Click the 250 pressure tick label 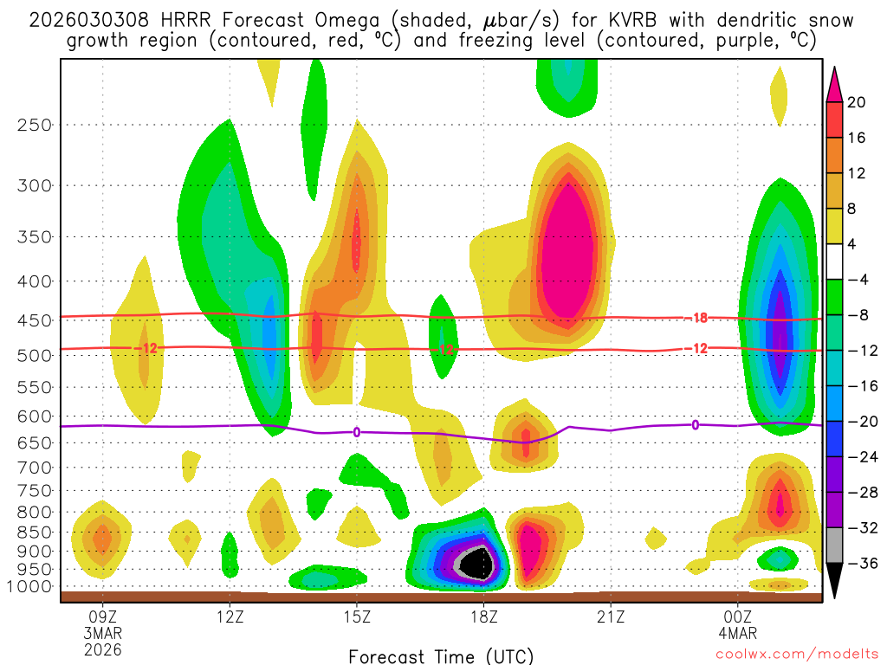click(x=35, y=125)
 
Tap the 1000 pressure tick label click(x=31, y=586)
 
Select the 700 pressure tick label click(x=35, y=468)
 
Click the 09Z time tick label click(x=103, y=617)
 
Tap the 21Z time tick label click(x=611, y=617)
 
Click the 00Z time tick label click(x=738, y=617)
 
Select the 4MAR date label click(x=738, y=633)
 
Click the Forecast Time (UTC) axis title click(x=441, y=655)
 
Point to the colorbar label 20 click(x=857, y=102)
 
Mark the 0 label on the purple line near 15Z click(x=356, y=432)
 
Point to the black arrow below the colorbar click(x=835, y=587)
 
